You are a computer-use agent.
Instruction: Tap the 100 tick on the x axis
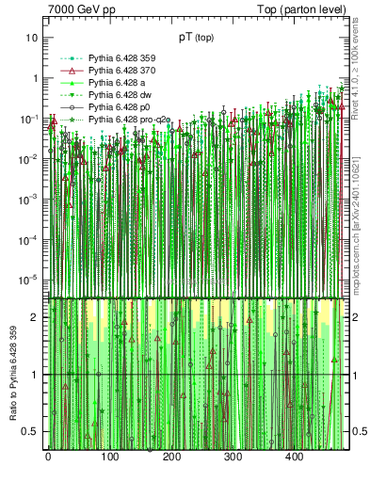tap(109, 458)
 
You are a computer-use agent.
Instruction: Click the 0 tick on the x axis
tap(48, 458)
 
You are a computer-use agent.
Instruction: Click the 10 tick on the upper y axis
tap(32, 38)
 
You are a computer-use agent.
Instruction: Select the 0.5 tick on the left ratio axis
tap(30, 431)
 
